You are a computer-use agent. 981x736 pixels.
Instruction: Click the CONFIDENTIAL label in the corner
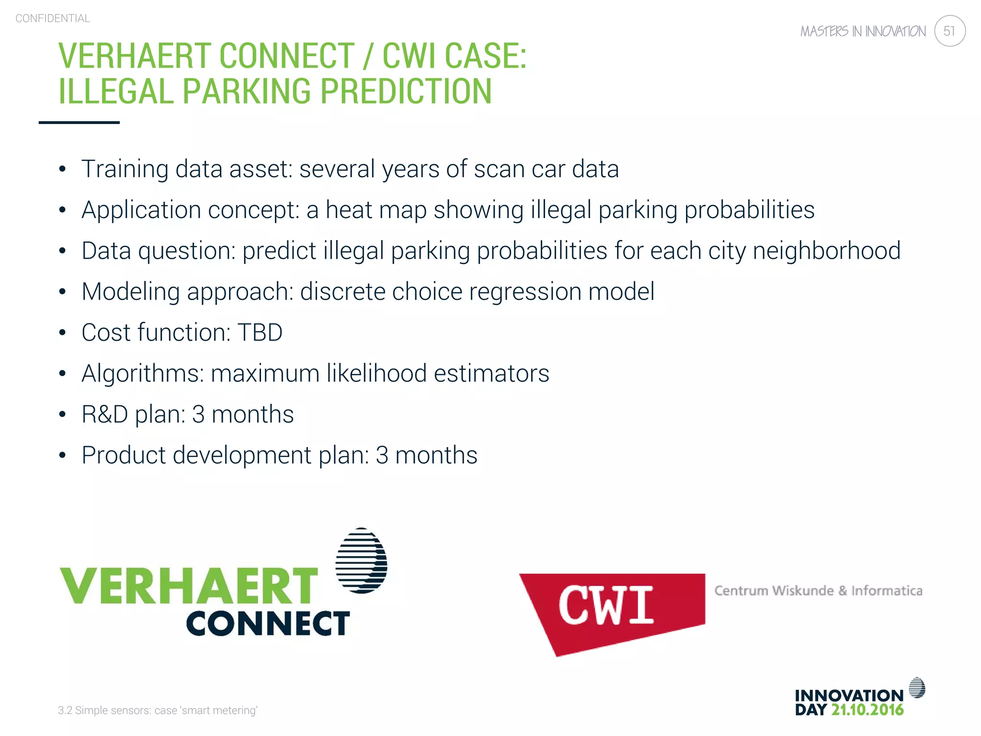tap(53, 19)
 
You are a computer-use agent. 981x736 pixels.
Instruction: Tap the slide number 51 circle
tap(949, 31)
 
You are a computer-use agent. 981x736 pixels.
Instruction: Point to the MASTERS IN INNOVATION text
tap(863, 32)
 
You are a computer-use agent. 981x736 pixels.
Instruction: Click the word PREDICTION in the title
tap(406, 91)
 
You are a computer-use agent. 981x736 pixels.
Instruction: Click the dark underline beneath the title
tap(79, 123)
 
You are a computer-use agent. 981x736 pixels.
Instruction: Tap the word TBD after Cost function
tap(260, 333)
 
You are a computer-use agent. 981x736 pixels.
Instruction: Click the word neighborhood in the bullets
tap(826, 251)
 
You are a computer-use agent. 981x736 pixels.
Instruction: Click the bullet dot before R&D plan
tap(62, 414)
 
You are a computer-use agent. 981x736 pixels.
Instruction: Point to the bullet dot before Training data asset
tap(62, 169)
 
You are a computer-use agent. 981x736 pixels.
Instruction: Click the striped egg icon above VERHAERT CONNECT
tap(361, 561)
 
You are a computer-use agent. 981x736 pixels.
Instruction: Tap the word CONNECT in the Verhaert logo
tap(268, 623)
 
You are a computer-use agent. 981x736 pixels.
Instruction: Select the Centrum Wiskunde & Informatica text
tap(818, 591)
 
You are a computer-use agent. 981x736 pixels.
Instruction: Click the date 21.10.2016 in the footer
tap(867, 710)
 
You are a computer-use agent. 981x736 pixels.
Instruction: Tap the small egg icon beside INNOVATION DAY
tap(917, 688)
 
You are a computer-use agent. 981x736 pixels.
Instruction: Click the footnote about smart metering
tap(158, 710)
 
